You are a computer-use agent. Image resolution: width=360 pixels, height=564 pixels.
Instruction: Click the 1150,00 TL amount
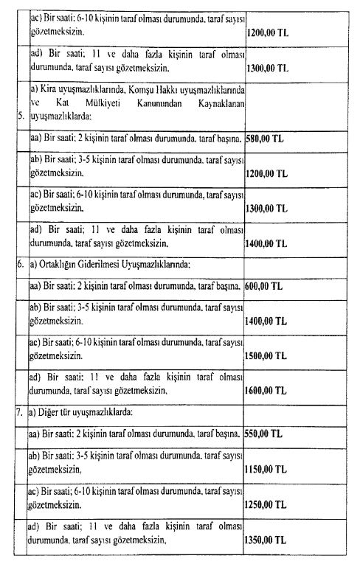pyautogui.click(x=271, y=469)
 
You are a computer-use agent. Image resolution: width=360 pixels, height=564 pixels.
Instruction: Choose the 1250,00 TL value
pyautogui.click(x=271, y=506)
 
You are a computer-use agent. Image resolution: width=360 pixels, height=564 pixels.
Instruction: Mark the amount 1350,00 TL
pyautogui.click(x=271, y=541)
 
